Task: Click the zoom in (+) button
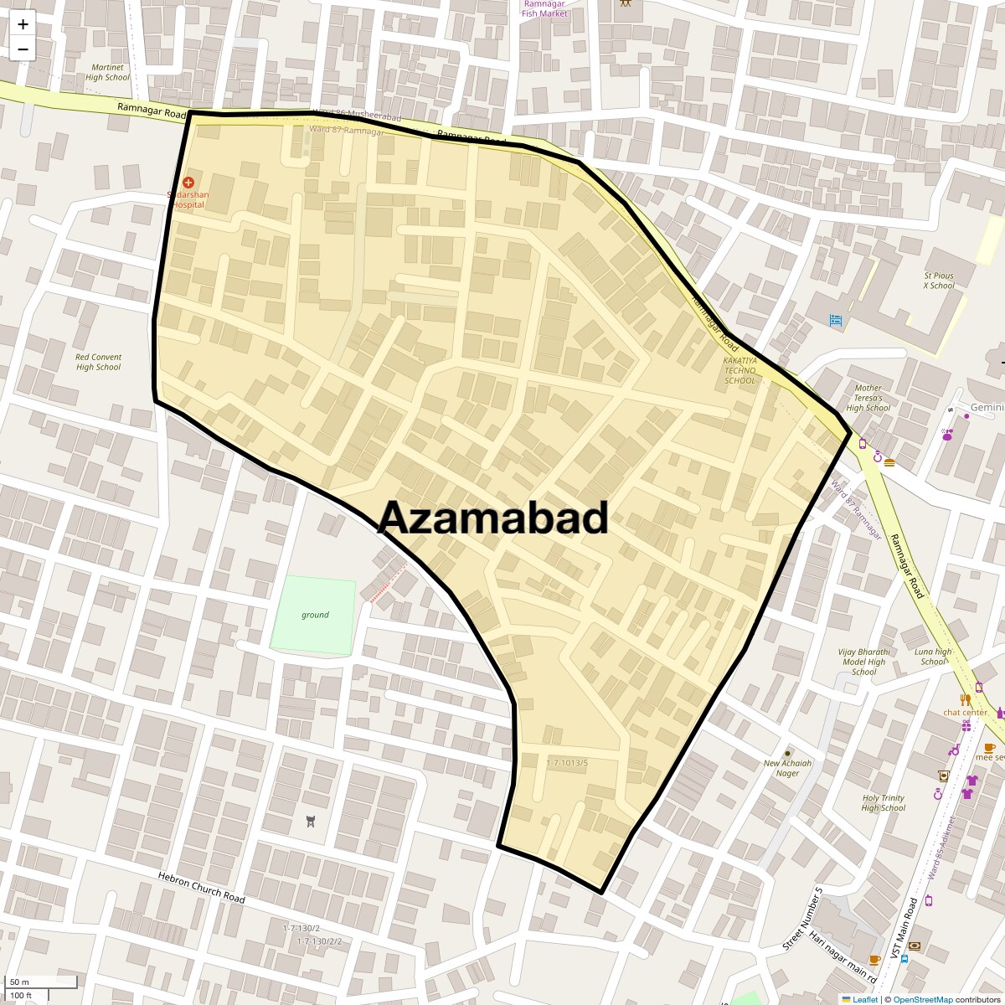click(x=23, y=24)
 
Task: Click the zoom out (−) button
click(x=23, y=49)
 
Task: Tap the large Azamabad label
click(x=493, y=519)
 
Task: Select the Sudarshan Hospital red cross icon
click(x=188, y=183)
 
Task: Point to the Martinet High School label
click(x=107, y=72)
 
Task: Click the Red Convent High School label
click(x=98, y=362)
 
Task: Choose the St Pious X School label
click(x=938, y=281)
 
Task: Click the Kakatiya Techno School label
click(x=740, y=370)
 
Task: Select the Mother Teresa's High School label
click(x=868, y=398)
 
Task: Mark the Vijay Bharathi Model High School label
click(x=863, y=662)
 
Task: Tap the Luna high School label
click(x=933, y=657)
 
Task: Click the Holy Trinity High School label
click(x=883, y=803)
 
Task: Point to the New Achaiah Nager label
click(x=787, y=768)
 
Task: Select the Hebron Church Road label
click(x=201, y=887)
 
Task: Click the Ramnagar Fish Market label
click(x=544, y=8)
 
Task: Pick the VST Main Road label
click(x=910, y=930)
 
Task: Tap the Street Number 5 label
click(x=802, y=919)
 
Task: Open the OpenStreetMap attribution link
click(x=922, y=999)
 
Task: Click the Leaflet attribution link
click(x=865, y=999)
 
